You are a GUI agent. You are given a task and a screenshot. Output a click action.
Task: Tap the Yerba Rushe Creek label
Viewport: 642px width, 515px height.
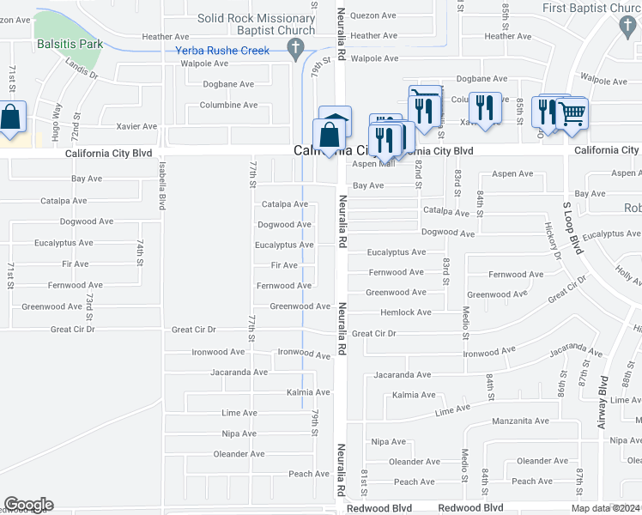click(x=222, y=51)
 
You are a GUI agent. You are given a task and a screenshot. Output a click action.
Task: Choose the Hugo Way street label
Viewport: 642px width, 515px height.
click(x=58, y=119)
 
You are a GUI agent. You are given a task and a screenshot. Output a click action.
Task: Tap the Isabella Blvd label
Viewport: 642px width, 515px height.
click(x=161, y=187)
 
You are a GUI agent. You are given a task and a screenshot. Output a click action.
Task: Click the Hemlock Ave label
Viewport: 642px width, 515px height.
click(x=405, y=312)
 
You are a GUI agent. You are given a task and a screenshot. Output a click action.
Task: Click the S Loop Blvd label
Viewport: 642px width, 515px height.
click(x=572, y=227)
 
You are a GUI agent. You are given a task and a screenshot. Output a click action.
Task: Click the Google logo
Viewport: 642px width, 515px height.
click(x=28, y=505)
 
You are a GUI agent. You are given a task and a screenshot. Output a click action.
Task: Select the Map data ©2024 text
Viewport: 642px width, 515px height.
click(x=606, y=508)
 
